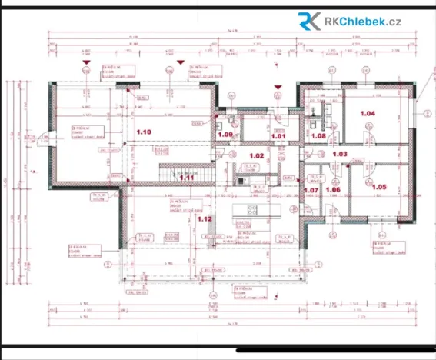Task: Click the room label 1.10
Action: [143, 132]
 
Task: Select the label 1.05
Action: [379, 186]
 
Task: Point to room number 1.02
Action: [256, 156]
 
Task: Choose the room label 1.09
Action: [225, 135]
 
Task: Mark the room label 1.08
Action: [318, 135]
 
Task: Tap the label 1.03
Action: [340, 154]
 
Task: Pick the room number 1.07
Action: [311, 189]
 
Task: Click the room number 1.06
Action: [333, 189]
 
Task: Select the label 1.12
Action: [204, 218]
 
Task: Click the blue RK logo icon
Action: [310, 21]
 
